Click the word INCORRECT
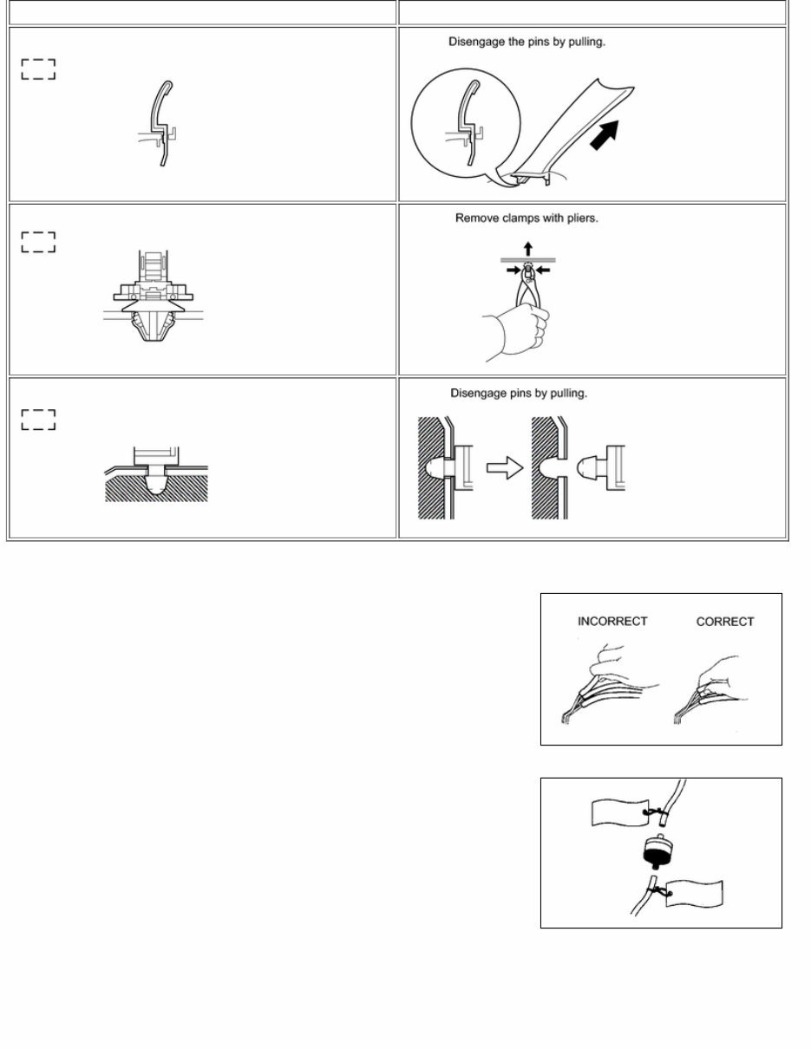point(612,622)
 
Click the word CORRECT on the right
point(725,622)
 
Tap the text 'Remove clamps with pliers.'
point(526,218)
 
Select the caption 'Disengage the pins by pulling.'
point(526,42)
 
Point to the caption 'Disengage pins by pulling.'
point(519,394)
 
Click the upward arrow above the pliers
point(528,250)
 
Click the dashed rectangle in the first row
point(38,69)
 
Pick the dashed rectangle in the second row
point(38,242)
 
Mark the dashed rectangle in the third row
point(38,420)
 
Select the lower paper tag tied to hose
point(694,894)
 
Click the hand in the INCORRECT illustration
point(616,663)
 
